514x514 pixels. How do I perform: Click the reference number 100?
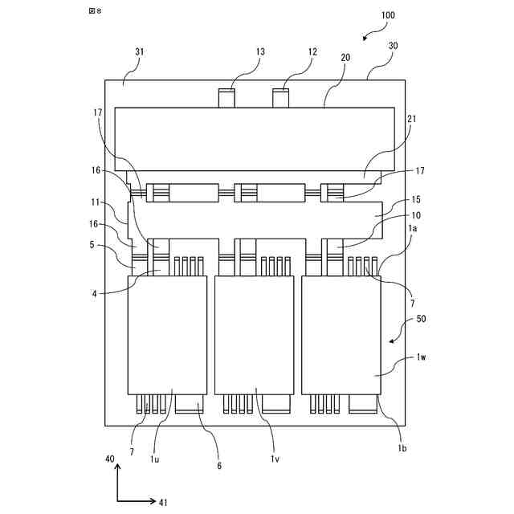click(x=387, y=15)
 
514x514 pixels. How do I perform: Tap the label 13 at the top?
click(x=260, y=51)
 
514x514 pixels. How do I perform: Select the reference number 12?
click(x=311, y=51)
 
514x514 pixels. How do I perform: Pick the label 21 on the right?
click(x=412, y=120)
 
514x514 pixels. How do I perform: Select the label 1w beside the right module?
click(x=422, y=357)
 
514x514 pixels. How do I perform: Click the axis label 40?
click(x=110, y=459)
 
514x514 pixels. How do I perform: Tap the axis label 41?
click(x=163, y=503)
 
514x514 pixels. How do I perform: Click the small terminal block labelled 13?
click(x=227, y=99)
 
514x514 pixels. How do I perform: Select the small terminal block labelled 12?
click(x=281, y=99)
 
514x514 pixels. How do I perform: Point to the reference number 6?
click(x=219, y=465)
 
